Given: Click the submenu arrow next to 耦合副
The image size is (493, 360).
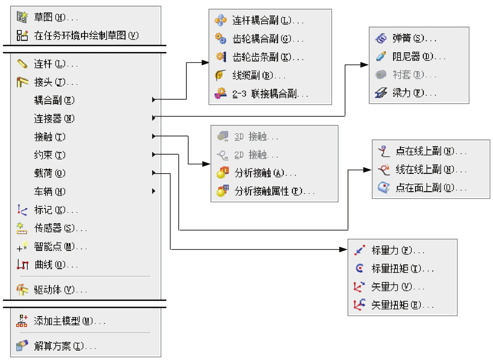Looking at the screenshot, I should point(154,100).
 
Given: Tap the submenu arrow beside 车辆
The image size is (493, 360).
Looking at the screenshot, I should point(154,191).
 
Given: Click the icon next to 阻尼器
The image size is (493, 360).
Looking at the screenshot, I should point(381,56).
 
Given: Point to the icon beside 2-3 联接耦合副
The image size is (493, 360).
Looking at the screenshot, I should point(221,93).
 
